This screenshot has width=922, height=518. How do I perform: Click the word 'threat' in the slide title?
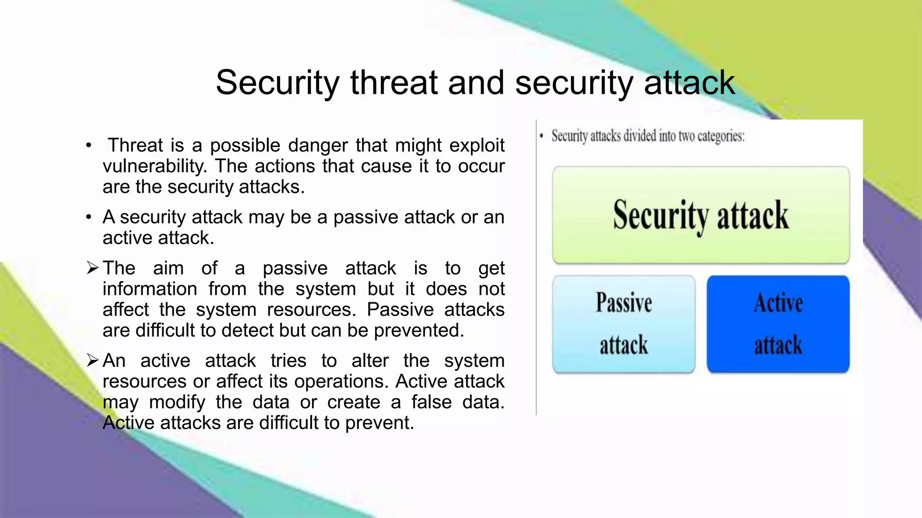[393, 83]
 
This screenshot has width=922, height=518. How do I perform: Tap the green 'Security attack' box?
[701, 215]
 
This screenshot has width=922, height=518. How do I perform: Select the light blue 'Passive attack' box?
[624, 324]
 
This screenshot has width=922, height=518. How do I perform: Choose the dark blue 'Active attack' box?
[778, 324]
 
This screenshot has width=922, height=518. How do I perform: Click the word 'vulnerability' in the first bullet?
[154, 166]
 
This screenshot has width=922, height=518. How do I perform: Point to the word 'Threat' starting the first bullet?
[135, 145]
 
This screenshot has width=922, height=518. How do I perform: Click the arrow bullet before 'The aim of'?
[92, 268]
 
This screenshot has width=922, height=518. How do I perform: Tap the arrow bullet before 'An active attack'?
[92, 361]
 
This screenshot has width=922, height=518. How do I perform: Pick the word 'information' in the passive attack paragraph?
[150, 289]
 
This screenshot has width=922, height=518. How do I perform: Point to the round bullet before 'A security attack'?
[89, 218]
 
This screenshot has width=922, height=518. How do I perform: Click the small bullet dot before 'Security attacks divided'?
[542, 136]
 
